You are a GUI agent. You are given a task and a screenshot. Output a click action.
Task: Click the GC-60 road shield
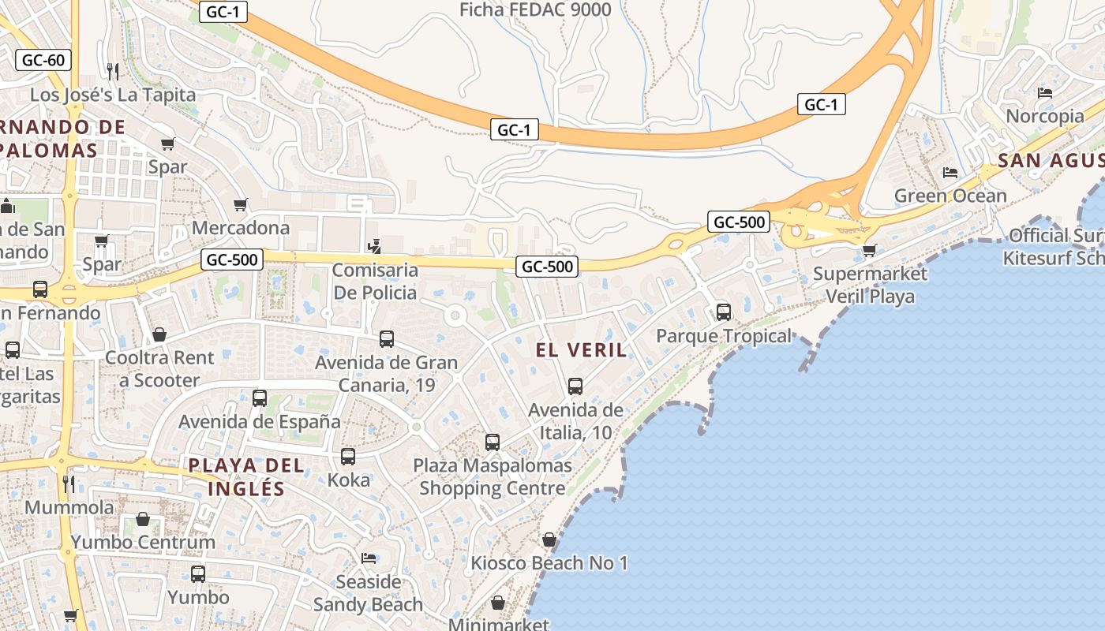pyautogui.click(x=43, y=60)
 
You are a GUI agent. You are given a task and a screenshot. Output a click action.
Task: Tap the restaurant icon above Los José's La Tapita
pyautogui.click(x=112, y=72)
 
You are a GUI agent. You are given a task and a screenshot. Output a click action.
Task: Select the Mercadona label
pyautogui.click(x=241, y=228)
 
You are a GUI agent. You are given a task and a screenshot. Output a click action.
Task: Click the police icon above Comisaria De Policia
pyautogui.click(x=375, y=246)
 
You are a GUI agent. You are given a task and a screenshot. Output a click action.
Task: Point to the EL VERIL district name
pyautogui.click(x=581, y=350)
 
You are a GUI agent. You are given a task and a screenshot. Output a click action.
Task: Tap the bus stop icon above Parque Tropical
pyautogui.click(x=724, y=312)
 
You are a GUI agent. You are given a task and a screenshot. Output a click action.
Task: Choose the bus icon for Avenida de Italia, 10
pyautogui.click(x=575, y=386)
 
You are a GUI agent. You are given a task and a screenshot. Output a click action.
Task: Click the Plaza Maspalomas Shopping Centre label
pyautogui.click(x=493, y=476)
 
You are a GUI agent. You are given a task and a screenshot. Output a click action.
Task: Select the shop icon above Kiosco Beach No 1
pyautogui.click(x=549, y=540)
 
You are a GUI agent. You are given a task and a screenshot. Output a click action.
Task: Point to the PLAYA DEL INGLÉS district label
pyautogui.click(x=245, y=476)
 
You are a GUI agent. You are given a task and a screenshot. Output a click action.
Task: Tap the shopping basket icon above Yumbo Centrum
pyautogui.click(x=143, y=519)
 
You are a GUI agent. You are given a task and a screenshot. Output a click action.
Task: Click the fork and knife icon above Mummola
pyautogui.click(x=69, y=484)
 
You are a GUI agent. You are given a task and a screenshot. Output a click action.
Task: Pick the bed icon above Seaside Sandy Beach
pyautogui.click(x=369, y=558)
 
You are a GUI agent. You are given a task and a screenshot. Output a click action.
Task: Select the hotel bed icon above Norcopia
pyautogui.click(x=1045, y=93)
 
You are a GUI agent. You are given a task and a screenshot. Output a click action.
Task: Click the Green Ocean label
pyautogui.click(x=950, y=196)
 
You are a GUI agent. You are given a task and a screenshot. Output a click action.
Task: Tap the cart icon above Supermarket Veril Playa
pyautogui.click(x=869, y=251)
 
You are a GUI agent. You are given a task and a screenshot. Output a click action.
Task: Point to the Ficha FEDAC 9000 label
pyautogui.click(x=535, y=10)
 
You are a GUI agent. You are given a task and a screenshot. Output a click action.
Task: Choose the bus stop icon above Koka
pyautogui.click(x=348, y=456)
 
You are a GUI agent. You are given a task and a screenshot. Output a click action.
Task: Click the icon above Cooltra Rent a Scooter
pyautogui.click(x=159, y=334)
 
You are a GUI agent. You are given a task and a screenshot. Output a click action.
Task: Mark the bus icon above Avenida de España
pyautogui.click(x=260, y=398)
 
